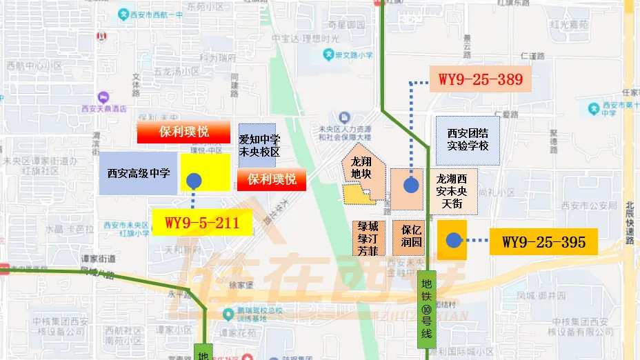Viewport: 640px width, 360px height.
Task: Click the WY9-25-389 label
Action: point(480,79)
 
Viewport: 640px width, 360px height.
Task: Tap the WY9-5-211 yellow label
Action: point(201,223)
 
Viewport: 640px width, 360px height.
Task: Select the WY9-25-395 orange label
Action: point(543,241)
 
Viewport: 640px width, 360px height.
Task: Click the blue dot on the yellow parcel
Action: point(194,181)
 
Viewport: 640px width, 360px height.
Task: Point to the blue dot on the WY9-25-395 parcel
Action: point(452,240)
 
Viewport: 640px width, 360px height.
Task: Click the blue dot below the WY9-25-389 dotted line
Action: point(412,184)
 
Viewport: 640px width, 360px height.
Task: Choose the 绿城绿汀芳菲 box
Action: point(368,238)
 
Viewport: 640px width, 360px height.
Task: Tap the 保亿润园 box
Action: point(408,238)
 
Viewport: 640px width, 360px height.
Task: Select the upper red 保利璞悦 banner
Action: point(183,132)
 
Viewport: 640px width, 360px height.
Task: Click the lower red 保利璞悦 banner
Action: point(272,180)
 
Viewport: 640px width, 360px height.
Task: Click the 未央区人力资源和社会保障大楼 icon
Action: point(343,118)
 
